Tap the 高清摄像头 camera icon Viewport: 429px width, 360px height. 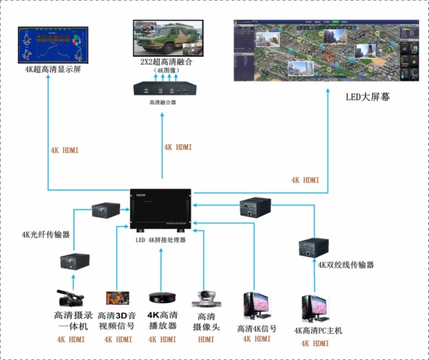[x=204, y=299]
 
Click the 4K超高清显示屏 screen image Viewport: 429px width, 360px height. [x=53, y=44]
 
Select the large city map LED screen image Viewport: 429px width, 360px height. [x=327, y=49]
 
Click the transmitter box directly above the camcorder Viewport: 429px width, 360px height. [x=73, y=260]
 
